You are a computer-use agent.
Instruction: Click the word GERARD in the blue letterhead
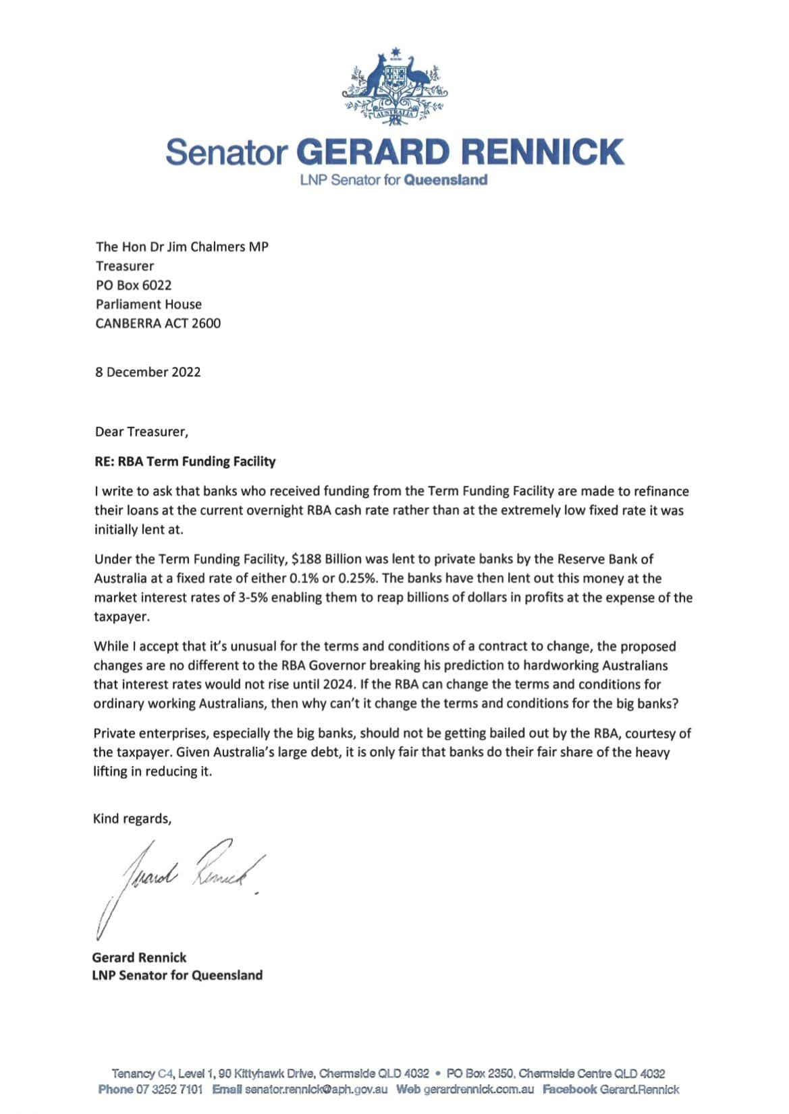[372, 152]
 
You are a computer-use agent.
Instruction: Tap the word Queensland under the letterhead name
[445, 180]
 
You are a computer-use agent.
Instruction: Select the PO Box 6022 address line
[134, 285]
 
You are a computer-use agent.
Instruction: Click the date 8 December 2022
[148, 372]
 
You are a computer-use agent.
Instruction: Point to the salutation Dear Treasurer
[142, 432]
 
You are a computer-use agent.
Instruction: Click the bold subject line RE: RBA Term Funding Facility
[185, 462]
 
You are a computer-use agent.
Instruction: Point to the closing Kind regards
[132, 819]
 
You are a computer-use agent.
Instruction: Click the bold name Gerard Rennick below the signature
[139, 958]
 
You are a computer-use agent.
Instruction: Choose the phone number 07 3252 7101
[169, 1089]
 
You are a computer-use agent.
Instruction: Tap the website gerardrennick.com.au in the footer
[479, 1089]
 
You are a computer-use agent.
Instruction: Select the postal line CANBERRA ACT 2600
[158, 324]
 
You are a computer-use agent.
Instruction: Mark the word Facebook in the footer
[570, 1089]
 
